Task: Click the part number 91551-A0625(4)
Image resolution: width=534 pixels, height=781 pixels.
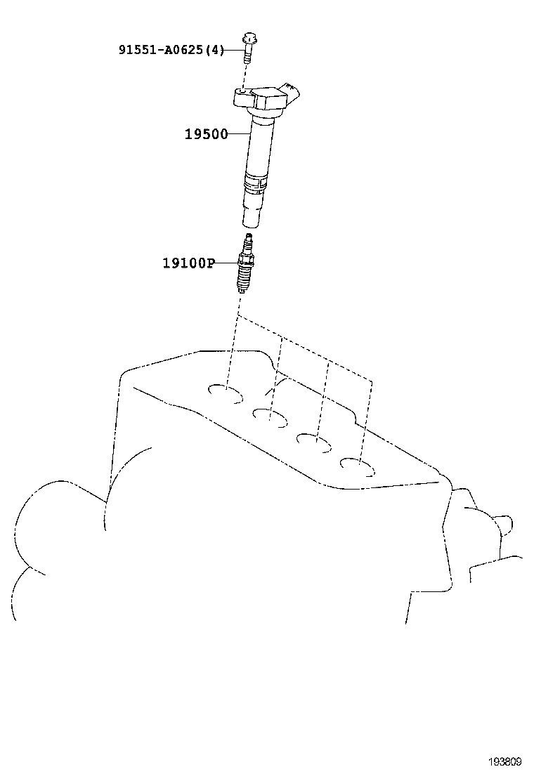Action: pos(171,50)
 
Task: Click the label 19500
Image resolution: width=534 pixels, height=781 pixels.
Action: pos(206,134)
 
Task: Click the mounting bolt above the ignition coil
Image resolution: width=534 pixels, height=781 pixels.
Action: pos(248,44)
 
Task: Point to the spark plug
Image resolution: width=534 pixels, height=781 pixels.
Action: pos(246,266)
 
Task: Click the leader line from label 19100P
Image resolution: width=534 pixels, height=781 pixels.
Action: pos(226,263)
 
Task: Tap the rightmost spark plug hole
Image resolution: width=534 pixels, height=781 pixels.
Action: pos(357,466)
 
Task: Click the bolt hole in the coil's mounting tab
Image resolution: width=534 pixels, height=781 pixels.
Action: pos(243,92)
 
